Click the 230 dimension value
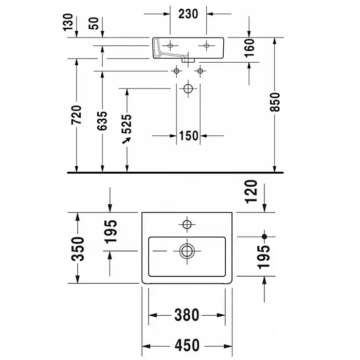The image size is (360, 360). click(x=189, y=14)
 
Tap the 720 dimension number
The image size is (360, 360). click(x=77, y=117)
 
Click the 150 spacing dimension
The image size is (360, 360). click(x=189, y=136)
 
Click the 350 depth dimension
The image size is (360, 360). click(x=77, y=248)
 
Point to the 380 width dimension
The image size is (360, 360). click(x=187, y=314)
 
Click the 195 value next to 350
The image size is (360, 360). click(x=110, y=230)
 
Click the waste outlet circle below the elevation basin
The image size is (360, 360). click(x=188, y=89)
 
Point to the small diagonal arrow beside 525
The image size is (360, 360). click(x=125, y=139)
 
